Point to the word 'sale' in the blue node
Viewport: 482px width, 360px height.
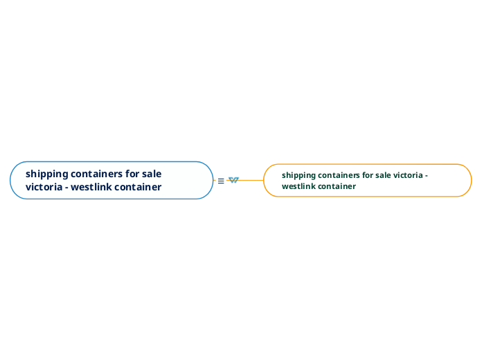pos(152,174)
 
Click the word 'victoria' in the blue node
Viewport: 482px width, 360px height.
pos(43,187)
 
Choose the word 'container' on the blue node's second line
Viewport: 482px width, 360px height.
pos(139,187)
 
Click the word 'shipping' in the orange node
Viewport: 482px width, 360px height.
pos(298,175)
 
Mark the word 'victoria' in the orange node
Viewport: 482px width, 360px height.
pos(409,175)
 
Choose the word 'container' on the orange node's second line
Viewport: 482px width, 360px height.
pos(337,186)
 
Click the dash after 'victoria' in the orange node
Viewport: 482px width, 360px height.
pos(426,176)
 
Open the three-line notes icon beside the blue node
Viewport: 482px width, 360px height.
pos(221,181)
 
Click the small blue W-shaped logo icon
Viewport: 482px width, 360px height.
pos(233,180)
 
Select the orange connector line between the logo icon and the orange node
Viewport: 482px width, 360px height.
pos(251,180)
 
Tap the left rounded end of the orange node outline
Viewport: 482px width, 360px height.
pos(265,181)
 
